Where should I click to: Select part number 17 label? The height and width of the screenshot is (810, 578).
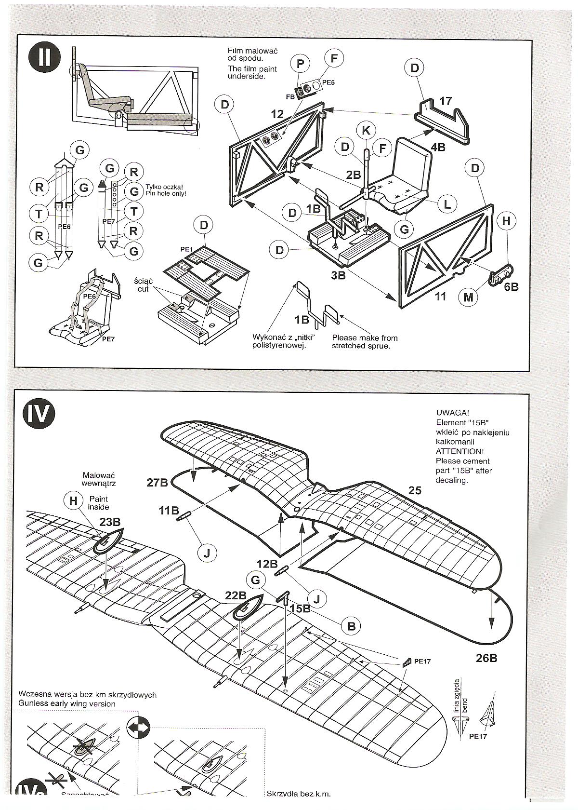pyautogui.click(x=446, y=101)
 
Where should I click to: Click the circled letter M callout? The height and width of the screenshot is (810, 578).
pyautogui.click(x=468, y=297)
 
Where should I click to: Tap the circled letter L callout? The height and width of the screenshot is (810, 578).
pyautogui.click(x=447, y=204)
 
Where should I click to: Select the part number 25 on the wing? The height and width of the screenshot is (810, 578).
pyautogui.click(x=415, y=490)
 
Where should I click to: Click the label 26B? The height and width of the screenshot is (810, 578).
pyautogui.click(x=486, y=658)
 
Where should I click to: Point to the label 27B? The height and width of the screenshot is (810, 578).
pyautogui.click(x=157, y=482)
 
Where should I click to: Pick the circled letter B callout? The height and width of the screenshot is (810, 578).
pyautogui.click(x=351, y=626)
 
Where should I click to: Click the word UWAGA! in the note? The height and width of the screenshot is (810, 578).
pyautogui.click(x=452, y=413)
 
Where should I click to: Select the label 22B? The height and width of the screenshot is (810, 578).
pyautogui.click(x=236, y=595)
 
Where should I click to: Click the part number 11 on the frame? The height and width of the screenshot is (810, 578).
pyautogui.click(x=441, y=296)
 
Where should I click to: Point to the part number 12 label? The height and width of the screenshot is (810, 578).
pyautogui.click(x=277, y=114)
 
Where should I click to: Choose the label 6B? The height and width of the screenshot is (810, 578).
pyautogui.click(x=511, y=286)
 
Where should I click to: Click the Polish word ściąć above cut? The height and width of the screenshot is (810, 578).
pyautogui.click(x=144, y=281)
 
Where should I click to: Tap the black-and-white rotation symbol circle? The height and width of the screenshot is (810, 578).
pyautogui.click(x=139, y=728)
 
